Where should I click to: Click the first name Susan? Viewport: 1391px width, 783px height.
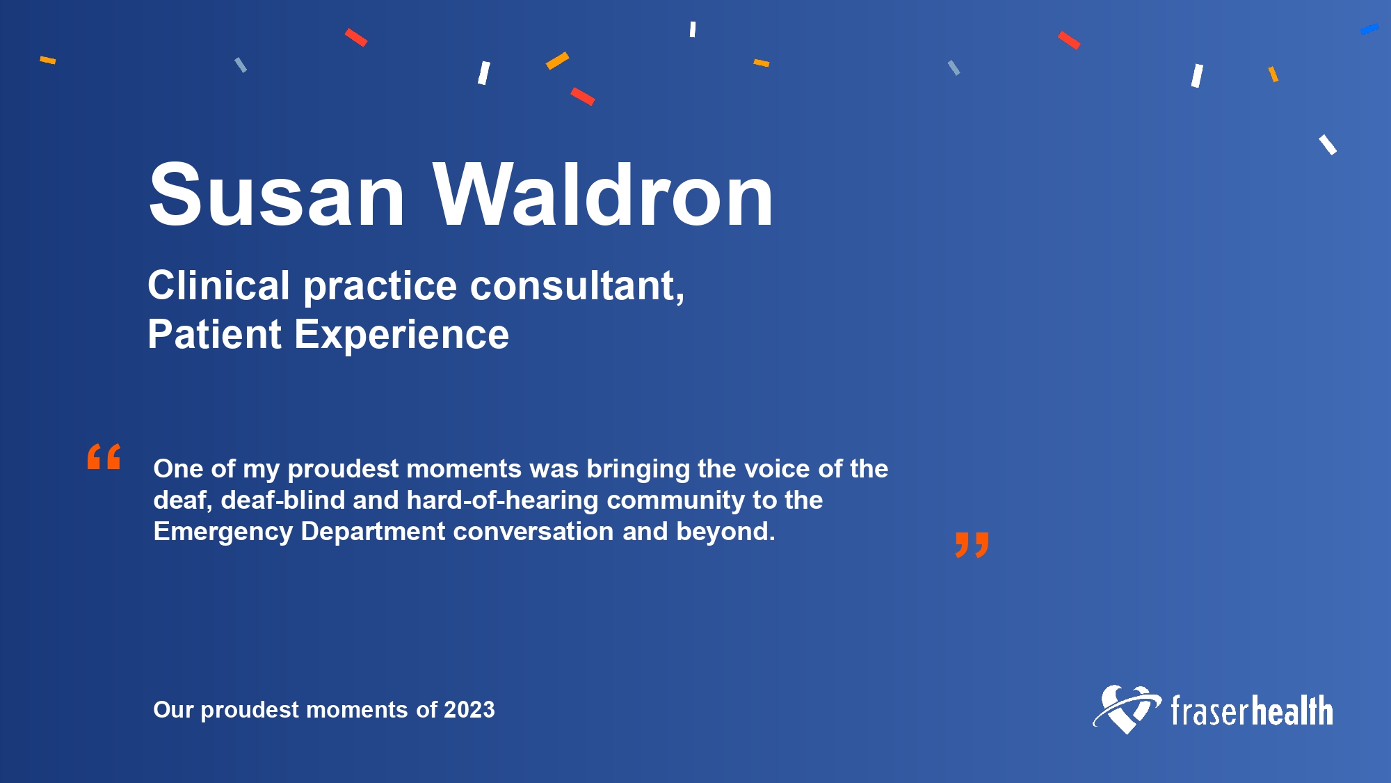tap(277, 195)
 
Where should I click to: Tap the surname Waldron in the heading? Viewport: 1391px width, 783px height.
tap(604, 195)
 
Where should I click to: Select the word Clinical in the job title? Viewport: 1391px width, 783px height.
tap(218, 285)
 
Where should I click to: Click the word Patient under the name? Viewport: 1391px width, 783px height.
tap(214, 334)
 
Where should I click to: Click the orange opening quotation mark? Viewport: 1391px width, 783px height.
tap(104, 457)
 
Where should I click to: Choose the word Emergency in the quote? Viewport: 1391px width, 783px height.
tap(223, 532)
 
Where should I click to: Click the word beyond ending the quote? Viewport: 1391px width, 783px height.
tap(725, 532)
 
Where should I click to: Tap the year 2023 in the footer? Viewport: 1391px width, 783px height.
tap(469, 710)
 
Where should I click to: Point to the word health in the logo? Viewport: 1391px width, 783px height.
tap(1292, 711)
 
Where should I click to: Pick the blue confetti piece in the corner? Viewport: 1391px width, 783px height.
tap(1369, 29)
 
